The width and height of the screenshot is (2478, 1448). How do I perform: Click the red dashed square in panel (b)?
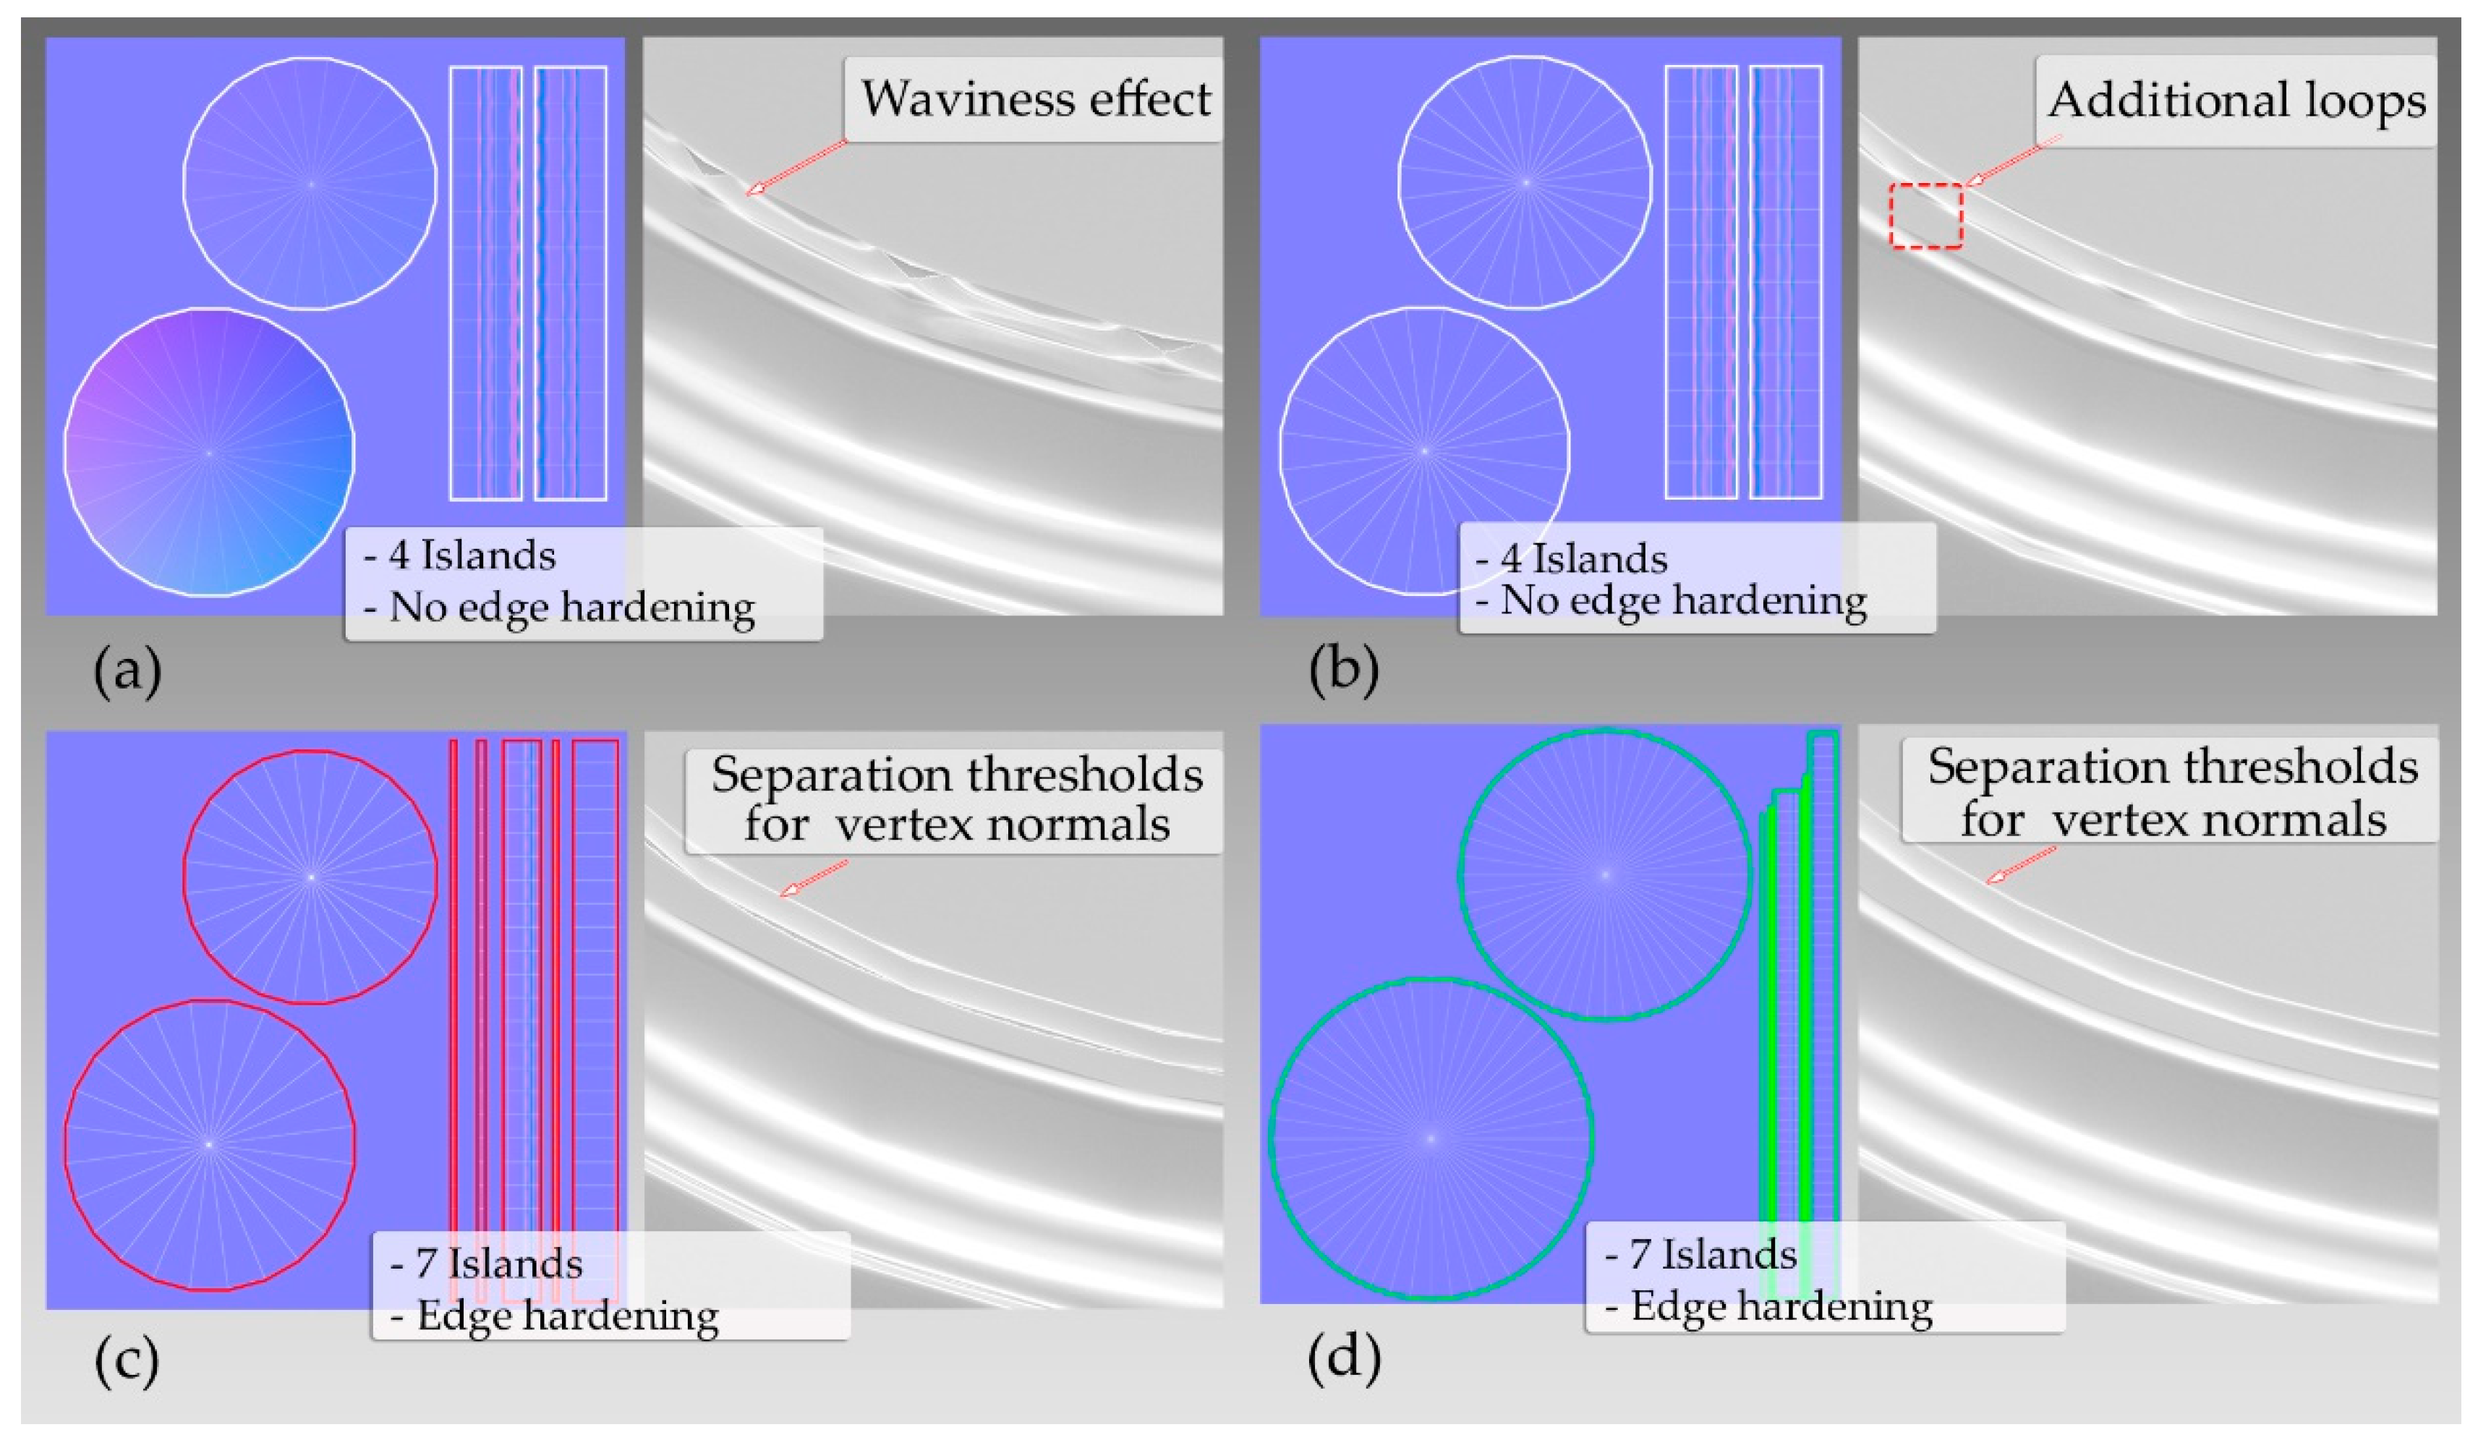[x=1925, y=216]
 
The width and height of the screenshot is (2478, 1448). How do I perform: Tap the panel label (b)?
[x=1343, y=670]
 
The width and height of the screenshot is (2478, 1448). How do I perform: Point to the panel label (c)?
[x=127, y=1360]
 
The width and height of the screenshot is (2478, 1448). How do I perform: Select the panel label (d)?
[x=1343, y=1357]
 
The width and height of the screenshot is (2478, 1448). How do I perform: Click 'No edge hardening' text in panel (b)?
[x=1682, y=600]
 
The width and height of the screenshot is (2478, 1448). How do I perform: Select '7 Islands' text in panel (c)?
[x=498, y=1263]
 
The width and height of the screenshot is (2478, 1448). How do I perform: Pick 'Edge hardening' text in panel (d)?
[x=1781, y=1306]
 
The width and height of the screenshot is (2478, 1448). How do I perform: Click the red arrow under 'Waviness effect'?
[x=796, y=166]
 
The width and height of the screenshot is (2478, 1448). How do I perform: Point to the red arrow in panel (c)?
[x=812, y=878]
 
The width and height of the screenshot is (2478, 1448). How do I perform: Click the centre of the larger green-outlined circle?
[x=1431, y=1138]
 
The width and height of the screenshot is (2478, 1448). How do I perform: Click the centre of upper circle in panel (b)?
[x=1525, y=183]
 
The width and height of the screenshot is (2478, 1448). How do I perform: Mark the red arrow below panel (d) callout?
[x=2021, y=865]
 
